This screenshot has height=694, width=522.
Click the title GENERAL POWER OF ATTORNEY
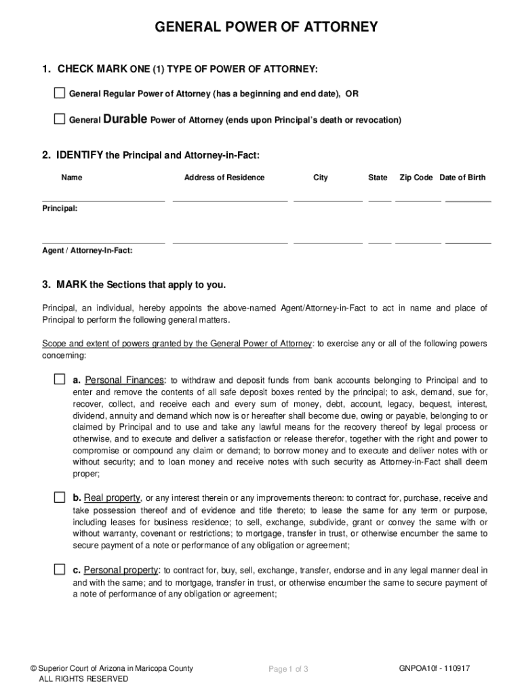[x=266, y=28]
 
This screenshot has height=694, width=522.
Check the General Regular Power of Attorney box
[x=60, y=93]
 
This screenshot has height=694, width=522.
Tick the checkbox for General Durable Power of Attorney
[x=60, y=119]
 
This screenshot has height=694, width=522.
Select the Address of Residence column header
[x=224, y=178]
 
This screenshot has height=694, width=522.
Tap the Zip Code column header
[x=416, y=178]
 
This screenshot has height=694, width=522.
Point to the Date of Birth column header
[x=462, y=178]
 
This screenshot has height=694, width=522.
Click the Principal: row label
[x=60, y=209]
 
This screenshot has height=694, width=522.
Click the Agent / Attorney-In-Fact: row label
[x=87, y=250]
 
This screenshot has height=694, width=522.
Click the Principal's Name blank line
[x=103, y=200]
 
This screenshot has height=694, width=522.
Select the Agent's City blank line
[x=327, y=241]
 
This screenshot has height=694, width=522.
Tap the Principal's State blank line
[x=380, y=200]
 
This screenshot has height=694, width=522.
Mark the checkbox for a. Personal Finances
[x=60, y=379]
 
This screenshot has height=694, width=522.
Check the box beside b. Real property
[x=60, y=497]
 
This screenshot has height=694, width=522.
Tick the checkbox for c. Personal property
[x=60, y=569]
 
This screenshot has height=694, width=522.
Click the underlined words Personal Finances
[x=124, y=380]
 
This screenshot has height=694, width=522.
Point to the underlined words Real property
[x=113, y=498]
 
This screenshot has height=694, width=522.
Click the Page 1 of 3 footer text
[x=289, y=670]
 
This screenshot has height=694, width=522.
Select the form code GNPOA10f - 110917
[x=435, y=668]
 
